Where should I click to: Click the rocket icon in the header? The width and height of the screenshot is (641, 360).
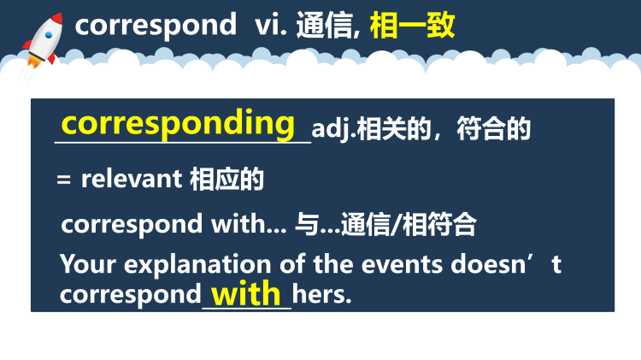(x=39, y=40)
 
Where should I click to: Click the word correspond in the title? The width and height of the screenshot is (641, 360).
(x=155, y=26)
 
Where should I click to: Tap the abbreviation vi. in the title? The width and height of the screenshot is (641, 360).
(x=271, y=26)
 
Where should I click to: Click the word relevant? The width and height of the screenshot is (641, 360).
(x=131, y=180)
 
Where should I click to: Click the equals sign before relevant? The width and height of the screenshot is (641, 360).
(x=62, y=180)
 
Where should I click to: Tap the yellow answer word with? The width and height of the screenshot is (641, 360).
(x=246, y=294)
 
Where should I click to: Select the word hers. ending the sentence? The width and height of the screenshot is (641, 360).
(x=322, y=296)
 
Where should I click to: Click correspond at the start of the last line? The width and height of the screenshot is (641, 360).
(x=130, y=296)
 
